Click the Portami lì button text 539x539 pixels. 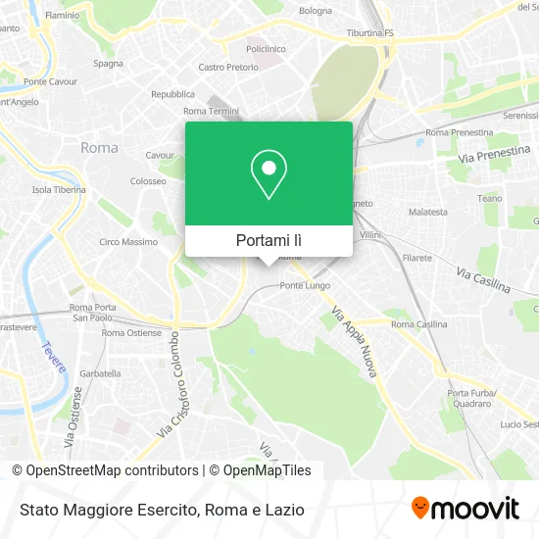click(269, 239)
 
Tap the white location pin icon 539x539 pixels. click(269, 173)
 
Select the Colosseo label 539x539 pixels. click(148, 181)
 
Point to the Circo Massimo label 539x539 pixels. click(128, 241)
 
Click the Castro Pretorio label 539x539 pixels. click(227, 68)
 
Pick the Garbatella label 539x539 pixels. click(100, 373)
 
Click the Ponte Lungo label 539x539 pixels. click(301, 286)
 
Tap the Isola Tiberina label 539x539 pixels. click(59, 189)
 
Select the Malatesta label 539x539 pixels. click(428, 212)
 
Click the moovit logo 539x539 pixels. click(465, 509)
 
